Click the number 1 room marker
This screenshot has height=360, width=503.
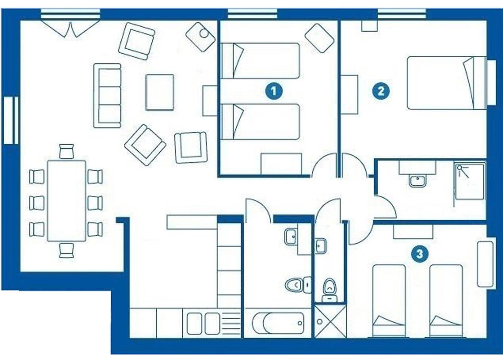(x=274, y=91)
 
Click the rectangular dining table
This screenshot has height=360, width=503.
(x=66, y=201)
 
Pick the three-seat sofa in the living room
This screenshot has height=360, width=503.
(x=107, y=96)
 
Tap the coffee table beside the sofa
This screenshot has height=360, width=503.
(x=160, y=93)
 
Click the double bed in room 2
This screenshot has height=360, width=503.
(x=447, y=83)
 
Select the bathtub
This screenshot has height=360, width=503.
(x=278, y=323)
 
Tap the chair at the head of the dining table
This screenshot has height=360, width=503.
(x=67, y=152)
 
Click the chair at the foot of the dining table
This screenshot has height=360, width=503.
(x=67, y=250)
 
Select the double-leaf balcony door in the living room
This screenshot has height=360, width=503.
(x=71, y=29)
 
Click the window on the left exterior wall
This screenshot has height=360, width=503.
(x=11, y=121)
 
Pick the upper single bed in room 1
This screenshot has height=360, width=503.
(x=261, y=61)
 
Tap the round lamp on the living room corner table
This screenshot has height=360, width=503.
(x=204, y=33)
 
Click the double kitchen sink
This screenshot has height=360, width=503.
(x=204, y=323)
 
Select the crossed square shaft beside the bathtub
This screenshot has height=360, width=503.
(x=330, y=321)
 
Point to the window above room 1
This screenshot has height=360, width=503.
(x=252, y=14)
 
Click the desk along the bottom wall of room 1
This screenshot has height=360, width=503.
(x=281, y=164)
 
